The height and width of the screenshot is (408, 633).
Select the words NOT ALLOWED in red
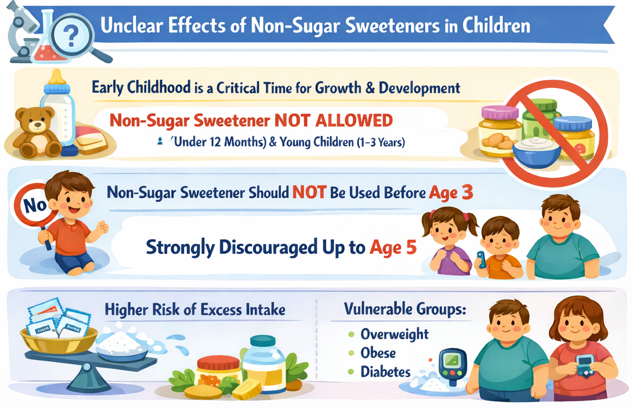pyautogui.click(x=333, y=121)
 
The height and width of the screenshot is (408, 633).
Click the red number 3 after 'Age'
pyautogui.click(x=467, y=193)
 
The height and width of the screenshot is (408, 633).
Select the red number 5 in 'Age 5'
pyautogui.click(x=411, y=247)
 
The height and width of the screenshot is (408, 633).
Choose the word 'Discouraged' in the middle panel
pyautogui.click(x=268, y=247)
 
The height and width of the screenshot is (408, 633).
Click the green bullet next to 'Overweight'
pyautogui.click(x=351, y=335)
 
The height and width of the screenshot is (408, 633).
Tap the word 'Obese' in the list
pyautogui.click(x=378, y=353)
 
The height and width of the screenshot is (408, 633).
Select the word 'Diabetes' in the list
pyautogui.click(x=385, y=372)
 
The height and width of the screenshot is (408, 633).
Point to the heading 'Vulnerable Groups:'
pyautogui.click(x=405, y=309)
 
